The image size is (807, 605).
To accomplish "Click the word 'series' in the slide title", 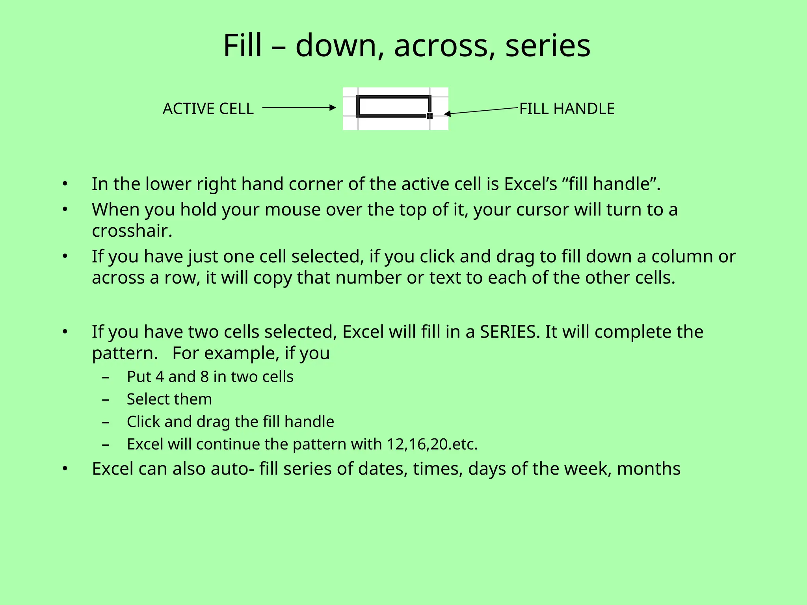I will click(x=548, y=46).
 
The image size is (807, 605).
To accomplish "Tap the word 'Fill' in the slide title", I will click(x=242, y=46).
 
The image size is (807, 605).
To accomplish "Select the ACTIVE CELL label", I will click(x=208, y=109).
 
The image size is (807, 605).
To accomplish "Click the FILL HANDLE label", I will click(x=567, y=109).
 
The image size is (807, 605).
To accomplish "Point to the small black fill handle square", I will click(x=430, y=116).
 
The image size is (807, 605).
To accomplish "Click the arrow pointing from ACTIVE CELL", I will click(x=299, y=107).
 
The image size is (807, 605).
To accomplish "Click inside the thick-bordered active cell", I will click(x=393, y=106).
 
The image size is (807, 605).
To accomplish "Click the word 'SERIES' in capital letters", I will click(x=508, y=332).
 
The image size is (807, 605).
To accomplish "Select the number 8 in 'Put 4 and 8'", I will click(x=204, y=377).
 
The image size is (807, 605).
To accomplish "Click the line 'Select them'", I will click(x=169, y=399).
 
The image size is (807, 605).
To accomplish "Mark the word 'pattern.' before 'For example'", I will click(x=125, y=353).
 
